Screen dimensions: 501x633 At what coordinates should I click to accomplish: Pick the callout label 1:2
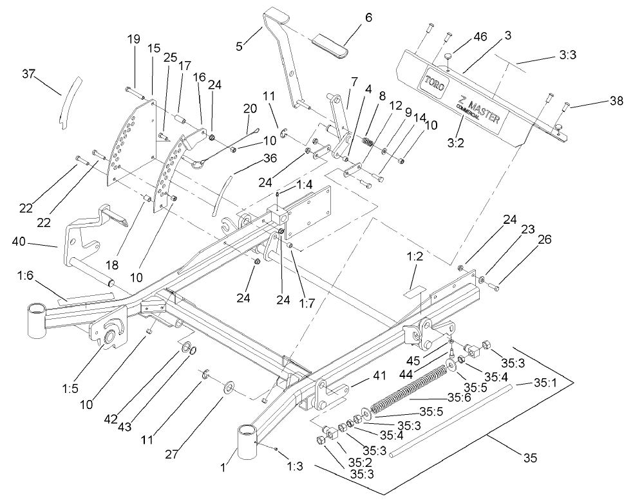(415, 255)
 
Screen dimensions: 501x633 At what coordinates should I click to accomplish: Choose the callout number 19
(133, 39)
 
